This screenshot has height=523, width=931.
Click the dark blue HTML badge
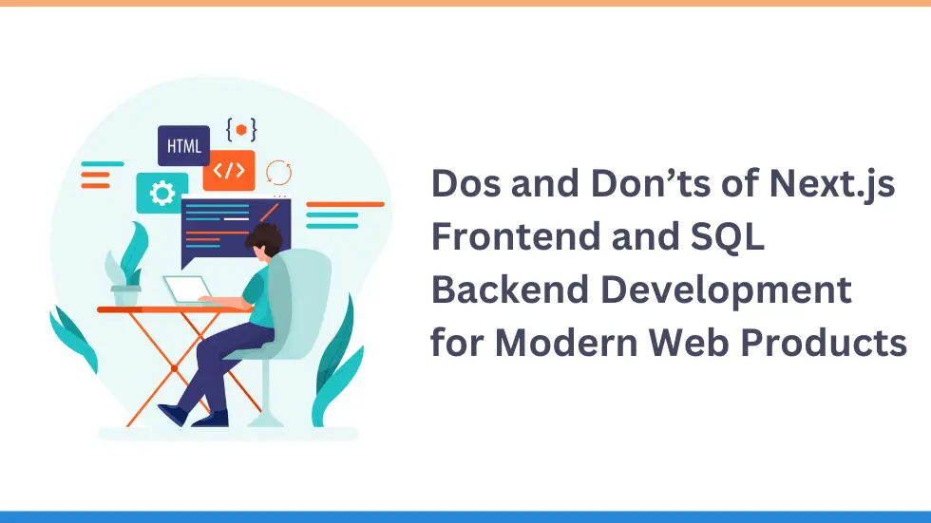coord(183,145)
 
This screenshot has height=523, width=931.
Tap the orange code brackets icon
coord(229,171)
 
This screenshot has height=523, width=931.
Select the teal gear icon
coord(161,194)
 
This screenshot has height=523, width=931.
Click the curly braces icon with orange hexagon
coord(241,130)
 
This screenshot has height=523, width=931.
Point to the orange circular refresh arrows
coord(278,173)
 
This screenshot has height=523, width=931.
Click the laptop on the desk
coord(189,290)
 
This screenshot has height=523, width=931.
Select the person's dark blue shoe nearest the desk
coord(173,414)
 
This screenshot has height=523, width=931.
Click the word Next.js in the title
coord(832,184)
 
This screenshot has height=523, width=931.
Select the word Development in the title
coord(726,290)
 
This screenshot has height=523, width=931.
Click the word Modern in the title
coord(566,343)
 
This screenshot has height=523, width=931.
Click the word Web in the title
coord(688,343)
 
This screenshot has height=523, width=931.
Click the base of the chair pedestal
coord(265,420)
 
